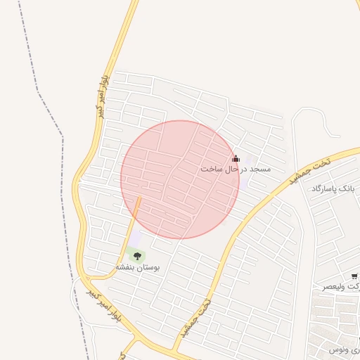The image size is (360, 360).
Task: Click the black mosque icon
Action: (x=236, y=158)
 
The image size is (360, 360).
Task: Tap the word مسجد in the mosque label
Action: (x=258, y=169)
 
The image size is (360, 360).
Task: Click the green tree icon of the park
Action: (x=137, y=256)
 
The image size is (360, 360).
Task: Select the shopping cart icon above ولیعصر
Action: (x=355, y=276)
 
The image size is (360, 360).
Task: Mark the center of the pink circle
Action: (x=180, y=179)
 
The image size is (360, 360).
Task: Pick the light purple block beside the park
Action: (x=135, y=240)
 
